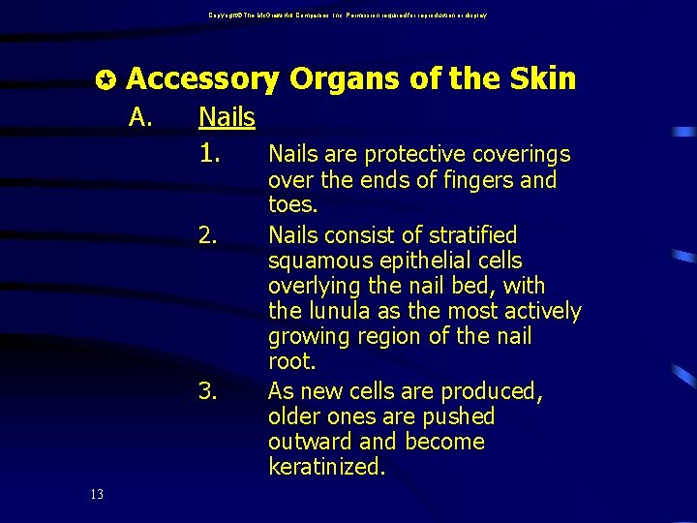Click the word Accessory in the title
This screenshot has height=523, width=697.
coord(202,79)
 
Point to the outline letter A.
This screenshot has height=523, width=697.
coord(141,118)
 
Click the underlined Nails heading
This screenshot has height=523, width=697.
coord(227,118)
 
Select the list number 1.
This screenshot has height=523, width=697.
coord(212,153)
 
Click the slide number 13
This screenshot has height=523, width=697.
coord(97,495)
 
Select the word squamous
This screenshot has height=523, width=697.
coord(315,261)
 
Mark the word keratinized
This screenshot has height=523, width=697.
coord(326,467)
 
